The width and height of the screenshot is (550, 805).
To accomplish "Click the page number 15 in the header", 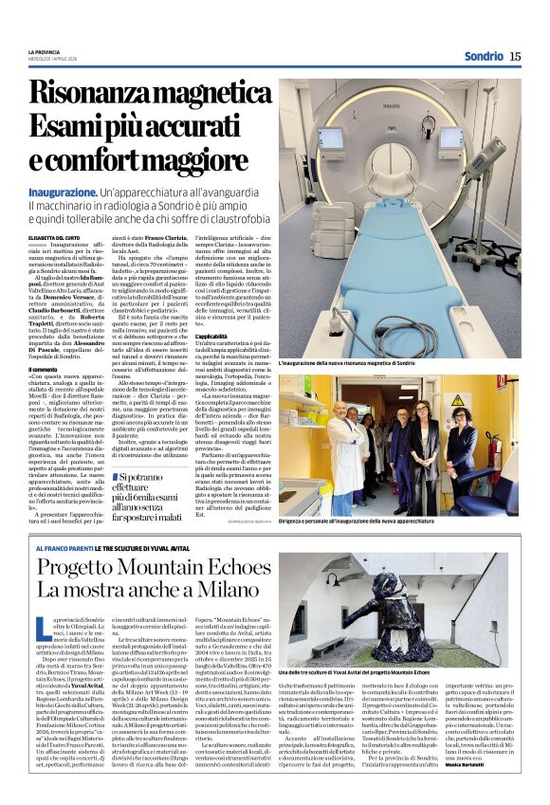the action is pyautogui.click(x=515, y=57).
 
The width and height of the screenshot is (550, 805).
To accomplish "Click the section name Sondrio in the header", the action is pyautogui.click(x=484, y=57).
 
